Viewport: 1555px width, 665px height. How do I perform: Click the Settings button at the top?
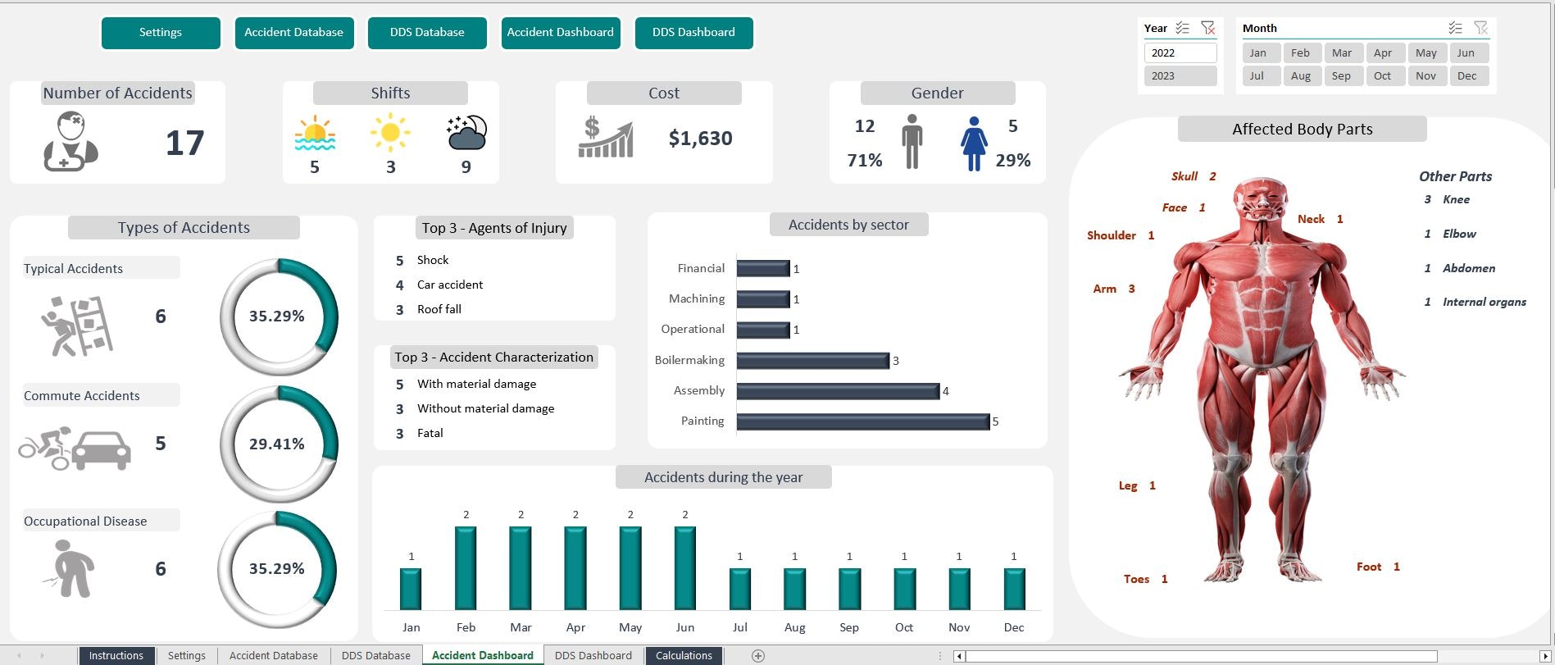[161, 33]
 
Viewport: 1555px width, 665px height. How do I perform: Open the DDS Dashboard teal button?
[693, 33]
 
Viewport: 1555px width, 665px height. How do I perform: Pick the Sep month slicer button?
[1341, 75]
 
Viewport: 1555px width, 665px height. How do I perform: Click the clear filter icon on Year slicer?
[1207, 28]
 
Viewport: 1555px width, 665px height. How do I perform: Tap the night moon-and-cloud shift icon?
[466, 133]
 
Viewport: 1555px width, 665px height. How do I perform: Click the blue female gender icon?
[973, 143]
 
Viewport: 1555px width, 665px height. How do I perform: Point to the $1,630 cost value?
[700, 139]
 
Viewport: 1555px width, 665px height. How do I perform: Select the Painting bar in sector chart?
[862, 421]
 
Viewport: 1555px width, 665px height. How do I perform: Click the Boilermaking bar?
[812, 361]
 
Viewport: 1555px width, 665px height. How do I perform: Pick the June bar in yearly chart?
[685, 567]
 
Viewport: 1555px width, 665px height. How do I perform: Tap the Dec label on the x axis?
[1014, 627]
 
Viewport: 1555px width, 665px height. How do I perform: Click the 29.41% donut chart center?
[277, 444]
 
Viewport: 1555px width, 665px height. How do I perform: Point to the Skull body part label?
[1184, 176]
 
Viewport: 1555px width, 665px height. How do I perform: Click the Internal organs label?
[1484, 302]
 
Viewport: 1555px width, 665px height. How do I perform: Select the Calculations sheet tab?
[684, 655]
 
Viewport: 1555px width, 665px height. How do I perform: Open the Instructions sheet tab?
[116, 655]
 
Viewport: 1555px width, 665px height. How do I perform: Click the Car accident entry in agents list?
[450, 285]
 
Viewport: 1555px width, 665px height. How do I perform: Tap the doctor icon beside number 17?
[70, 142]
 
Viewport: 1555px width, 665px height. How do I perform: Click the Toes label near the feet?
[1136, 579]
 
